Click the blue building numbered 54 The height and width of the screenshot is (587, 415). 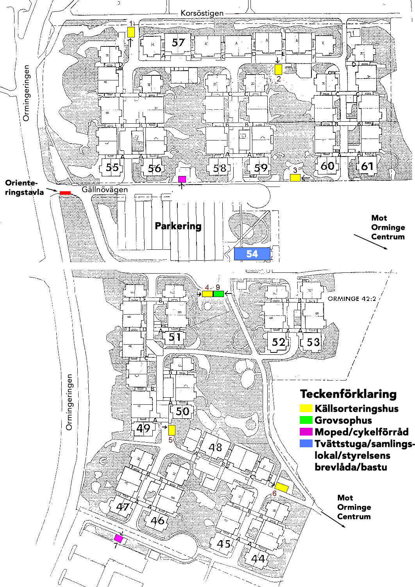(252, 254)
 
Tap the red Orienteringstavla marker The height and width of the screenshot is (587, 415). (65, 193)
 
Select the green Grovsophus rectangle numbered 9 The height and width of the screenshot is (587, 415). (218, 293)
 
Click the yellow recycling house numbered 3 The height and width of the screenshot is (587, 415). (295, 178)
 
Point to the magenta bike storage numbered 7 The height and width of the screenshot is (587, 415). (118, 539)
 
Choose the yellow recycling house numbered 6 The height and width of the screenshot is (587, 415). (281, 487)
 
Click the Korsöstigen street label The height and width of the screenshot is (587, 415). (202, 13)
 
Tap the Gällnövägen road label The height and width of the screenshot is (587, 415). (105, 190)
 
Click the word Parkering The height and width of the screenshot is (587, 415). (178, 226)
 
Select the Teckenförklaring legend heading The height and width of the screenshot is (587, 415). (348, 394)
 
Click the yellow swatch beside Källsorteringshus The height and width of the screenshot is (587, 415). (306, 409)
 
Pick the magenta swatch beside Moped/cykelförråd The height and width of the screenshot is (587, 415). (306, 432)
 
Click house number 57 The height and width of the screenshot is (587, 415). (178, 42)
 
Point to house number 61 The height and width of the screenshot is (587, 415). (367, 167)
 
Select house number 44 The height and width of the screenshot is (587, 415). (258, 559)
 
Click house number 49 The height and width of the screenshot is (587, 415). (143, 428)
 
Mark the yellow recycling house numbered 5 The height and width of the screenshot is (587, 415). (172, 430)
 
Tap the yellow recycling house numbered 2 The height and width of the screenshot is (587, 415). (278, 69)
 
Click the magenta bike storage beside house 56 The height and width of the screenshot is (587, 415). (182, 179)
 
